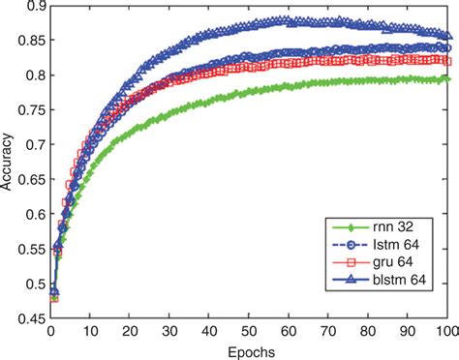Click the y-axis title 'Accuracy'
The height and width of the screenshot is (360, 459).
[9, 157]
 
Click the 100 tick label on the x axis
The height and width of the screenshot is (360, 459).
[446, 333]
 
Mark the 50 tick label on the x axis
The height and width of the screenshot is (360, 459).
[248, 333]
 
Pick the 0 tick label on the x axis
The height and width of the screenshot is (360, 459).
[49, 333]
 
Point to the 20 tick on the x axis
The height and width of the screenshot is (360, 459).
[129, 333]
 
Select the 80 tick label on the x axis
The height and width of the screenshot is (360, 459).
[367, 333]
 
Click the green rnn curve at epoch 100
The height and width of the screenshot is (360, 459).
[446, 78]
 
